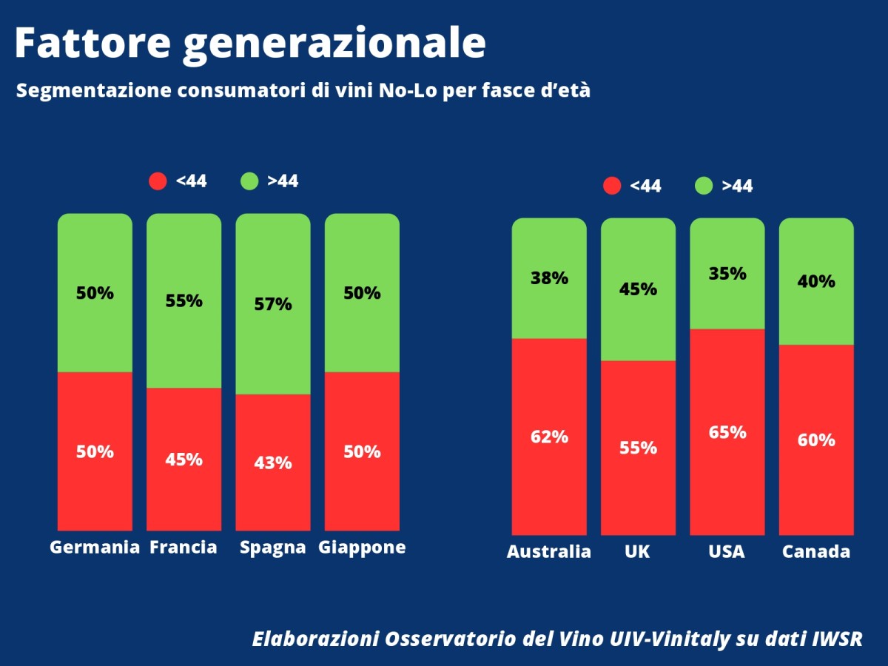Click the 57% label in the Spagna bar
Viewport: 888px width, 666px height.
273,304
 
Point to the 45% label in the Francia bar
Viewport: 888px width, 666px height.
184,460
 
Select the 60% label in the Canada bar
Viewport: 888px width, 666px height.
816,440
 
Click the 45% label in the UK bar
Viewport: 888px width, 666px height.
638,289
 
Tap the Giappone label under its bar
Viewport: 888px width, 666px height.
362,548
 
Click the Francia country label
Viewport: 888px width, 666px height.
184,548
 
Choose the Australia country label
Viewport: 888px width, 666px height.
549,552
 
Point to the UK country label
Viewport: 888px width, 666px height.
638,552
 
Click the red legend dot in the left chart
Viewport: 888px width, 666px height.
158,181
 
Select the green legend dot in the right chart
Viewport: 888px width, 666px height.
704,186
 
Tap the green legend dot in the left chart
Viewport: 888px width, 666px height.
249,181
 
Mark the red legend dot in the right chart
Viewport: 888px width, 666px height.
612,186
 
